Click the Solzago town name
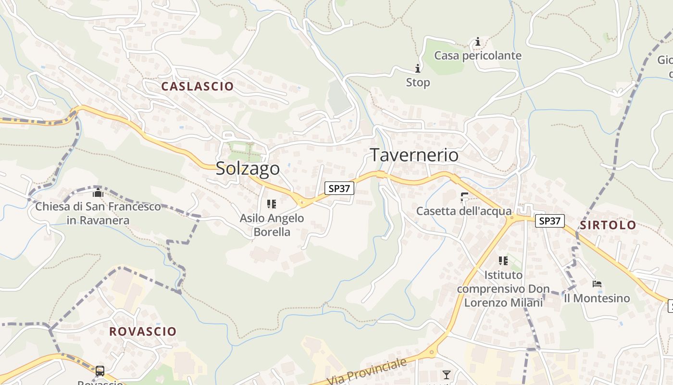[x=248, y=168]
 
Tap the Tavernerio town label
[x=414, y=155]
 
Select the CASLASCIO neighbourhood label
[x=198, y=87]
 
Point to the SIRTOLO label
[x=608, y=225]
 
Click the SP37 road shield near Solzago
[x=339, y=188]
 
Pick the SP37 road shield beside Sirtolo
[x=549, y=221]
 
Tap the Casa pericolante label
[x=477, y=56]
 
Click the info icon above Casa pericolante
[x=478, y=42]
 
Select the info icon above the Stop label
[x=417, y=68]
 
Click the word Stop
[x=418, y=83]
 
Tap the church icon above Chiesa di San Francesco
[x=98, y=193]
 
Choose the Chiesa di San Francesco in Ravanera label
[x=98, y=214]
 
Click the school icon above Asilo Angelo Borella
[x=272, y=204]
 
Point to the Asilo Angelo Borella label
[x=272, y=225]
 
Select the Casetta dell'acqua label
[x=464, y=211]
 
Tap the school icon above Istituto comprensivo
[x=503, y=261]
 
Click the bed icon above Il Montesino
[x=597, y=284]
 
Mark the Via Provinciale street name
[x=367, y=372]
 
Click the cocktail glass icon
[x=447, y=374]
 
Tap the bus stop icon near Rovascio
[x=100, y=371]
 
